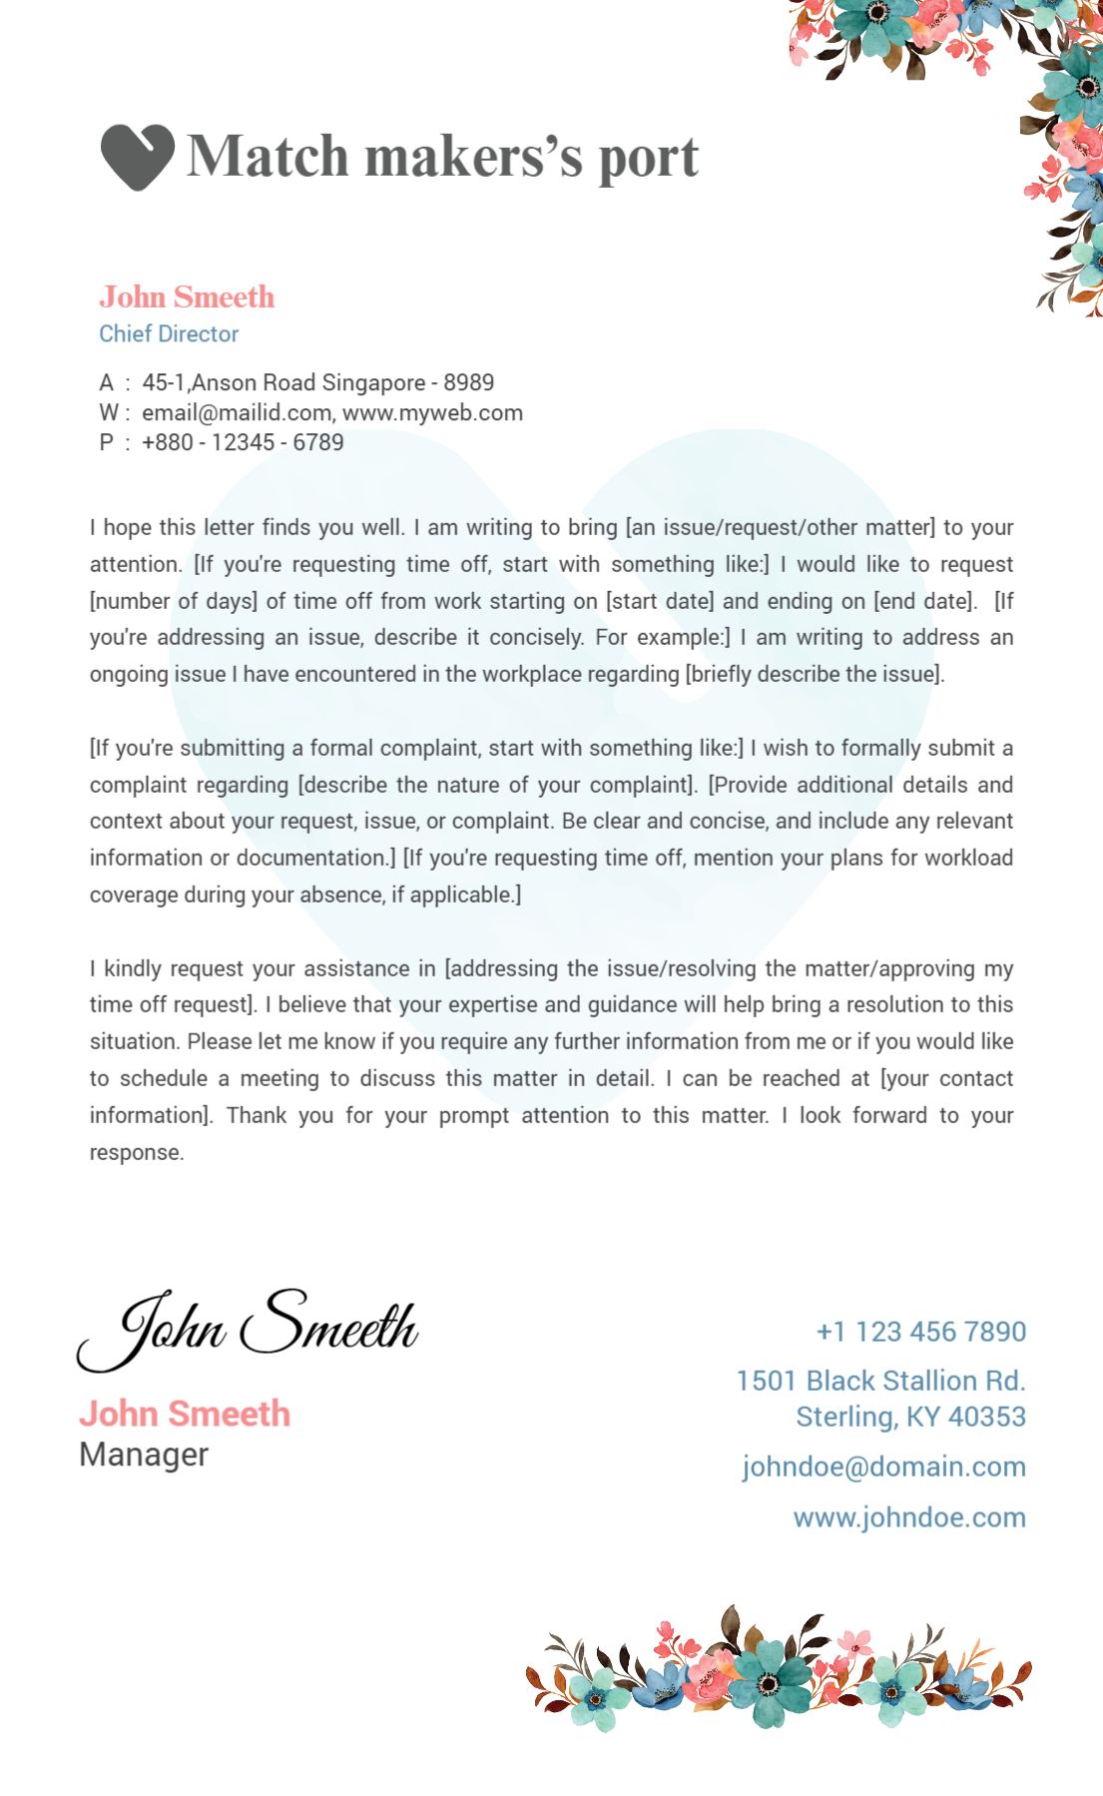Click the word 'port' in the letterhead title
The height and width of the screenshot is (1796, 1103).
pyautogui.click(x=648, y=158)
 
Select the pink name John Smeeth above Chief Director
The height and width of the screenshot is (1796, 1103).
pyautogui.click(x=187, y=297)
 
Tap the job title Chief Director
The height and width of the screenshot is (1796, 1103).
pyautogui.click(x=169, y=334)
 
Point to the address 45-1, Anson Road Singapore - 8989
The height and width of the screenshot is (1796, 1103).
pyautogui.click(x=317, y=383)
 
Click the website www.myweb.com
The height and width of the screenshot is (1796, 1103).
pyautogui.click(x=432, y=413)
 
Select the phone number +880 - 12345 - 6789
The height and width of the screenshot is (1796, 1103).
pyautogui.click(x=243, y=443)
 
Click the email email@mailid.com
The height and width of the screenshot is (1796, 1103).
pyautogui.click(x=237, y=413)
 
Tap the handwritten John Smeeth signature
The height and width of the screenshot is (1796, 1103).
pyautogui.click(x=248, y=1328)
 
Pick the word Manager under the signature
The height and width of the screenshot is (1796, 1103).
pyautogui.click(x=144, y=1455)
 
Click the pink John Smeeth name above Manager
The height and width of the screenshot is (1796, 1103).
pyautogui.click(x=185, y=1414)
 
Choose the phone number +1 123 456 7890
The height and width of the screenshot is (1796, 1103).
pyautogui.click(x=920, y=1332)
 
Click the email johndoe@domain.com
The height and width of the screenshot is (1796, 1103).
pyautogui.click(x=883, y=1467)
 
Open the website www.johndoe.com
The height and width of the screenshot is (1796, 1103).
pyautogui.click(x=909, y=1517)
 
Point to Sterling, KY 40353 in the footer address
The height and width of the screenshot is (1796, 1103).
pyautogui.click(x=910, y=1417)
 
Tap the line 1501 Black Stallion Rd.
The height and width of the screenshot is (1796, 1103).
pyautogui.click(x=880, y=1381)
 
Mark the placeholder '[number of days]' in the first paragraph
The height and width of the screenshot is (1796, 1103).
pyautogui.click(x=174, y=601)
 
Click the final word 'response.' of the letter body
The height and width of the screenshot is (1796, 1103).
pyautogui.click(x=137, y=1153)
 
